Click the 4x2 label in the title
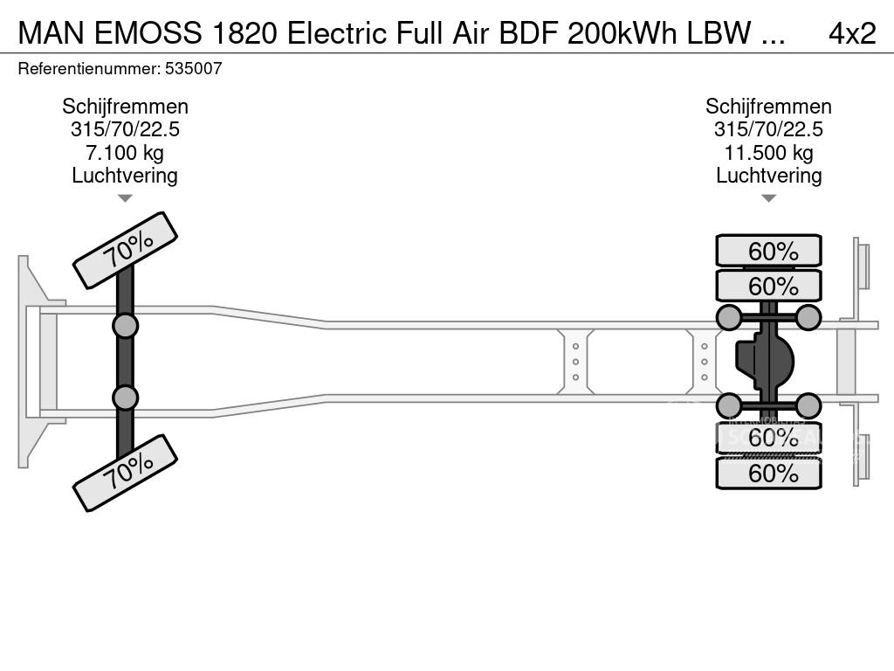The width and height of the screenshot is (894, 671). [x=851, y=32]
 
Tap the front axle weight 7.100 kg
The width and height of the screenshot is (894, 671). [x=125, y=153]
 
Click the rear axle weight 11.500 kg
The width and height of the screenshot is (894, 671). [x=768, y=153]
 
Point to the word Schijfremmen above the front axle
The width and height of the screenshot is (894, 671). [x=125, y=107]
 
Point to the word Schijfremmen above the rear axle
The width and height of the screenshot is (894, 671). [x=768, y=107]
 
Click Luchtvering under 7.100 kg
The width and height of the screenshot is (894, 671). [x=125, y=176]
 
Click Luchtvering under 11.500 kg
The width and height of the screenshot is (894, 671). [x=768, y=176]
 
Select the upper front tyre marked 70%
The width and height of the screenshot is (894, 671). [x=125, y=250]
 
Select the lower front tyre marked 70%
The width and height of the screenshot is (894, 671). [x=125, y=473]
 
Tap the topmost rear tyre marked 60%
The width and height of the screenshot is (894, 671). [x=768, y=252]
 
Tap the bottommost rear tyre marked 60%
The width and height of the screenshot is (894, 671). [x=768, y=474]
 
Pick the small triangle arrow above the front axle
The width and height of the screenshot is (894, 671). [x=125, y=198]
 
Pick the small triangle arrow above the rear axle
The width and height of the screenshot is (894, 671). [x=768, y=198]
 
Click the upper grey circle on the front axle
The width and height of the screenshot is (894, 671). [x=125, y=326]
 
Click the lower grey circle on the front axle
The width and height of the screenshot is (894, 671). [x=125, y=398]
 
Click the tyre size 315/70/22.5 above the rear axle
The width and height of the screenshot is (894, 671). [x=768, y=130]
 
